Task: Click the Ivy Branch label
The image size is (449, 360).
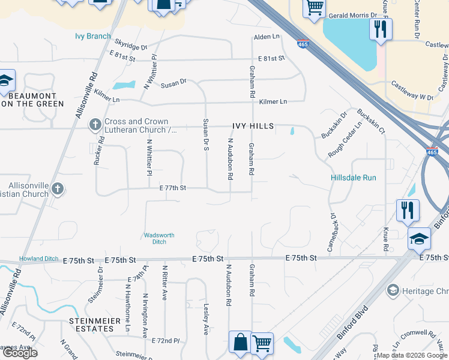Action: pyautogui.click(x=92, y=36)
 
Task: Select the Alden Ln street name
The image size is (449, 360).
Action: pyautogui.click(x=267, y=37)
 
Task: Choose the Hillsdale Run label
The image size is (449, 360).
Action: pyautogui.click(x=354, y=178)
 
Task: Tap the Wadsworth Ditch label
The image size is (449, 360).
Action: pyautogui.click(x=159, y=238)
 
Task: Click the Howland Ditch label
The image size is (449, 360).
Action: pyautogui.click(x=39, y=259)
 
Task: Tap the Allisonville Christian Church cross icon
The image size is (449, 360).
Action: pyautogui.click(x=57, y=189)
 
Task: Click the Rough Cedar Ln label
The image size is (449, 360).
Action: pyautogui.click(x=345, y=140)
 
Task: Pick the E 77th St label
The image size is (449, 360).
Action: pyautogui.click(x=173, y=188)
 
